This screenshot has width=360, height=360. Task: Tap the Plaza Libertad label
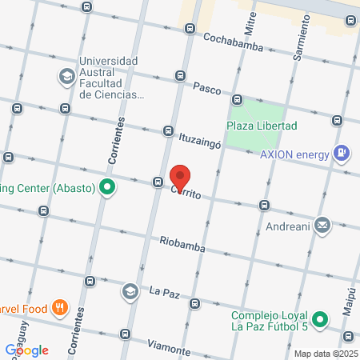(262, 126)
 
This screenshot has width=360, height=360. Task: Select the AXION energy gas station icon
(342, 152)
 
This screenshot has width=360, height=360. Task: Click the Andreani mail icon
(322, 226)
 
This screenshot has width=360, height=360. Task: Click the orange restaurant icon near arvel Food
(59, 307)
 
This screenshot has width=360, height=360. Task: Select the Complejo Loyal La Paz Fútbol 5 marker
(320, 319)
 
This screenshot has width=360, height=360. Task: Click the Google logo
(27, 350)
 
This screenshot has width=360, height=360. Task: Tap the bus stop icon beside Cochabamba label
(190, 29)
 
